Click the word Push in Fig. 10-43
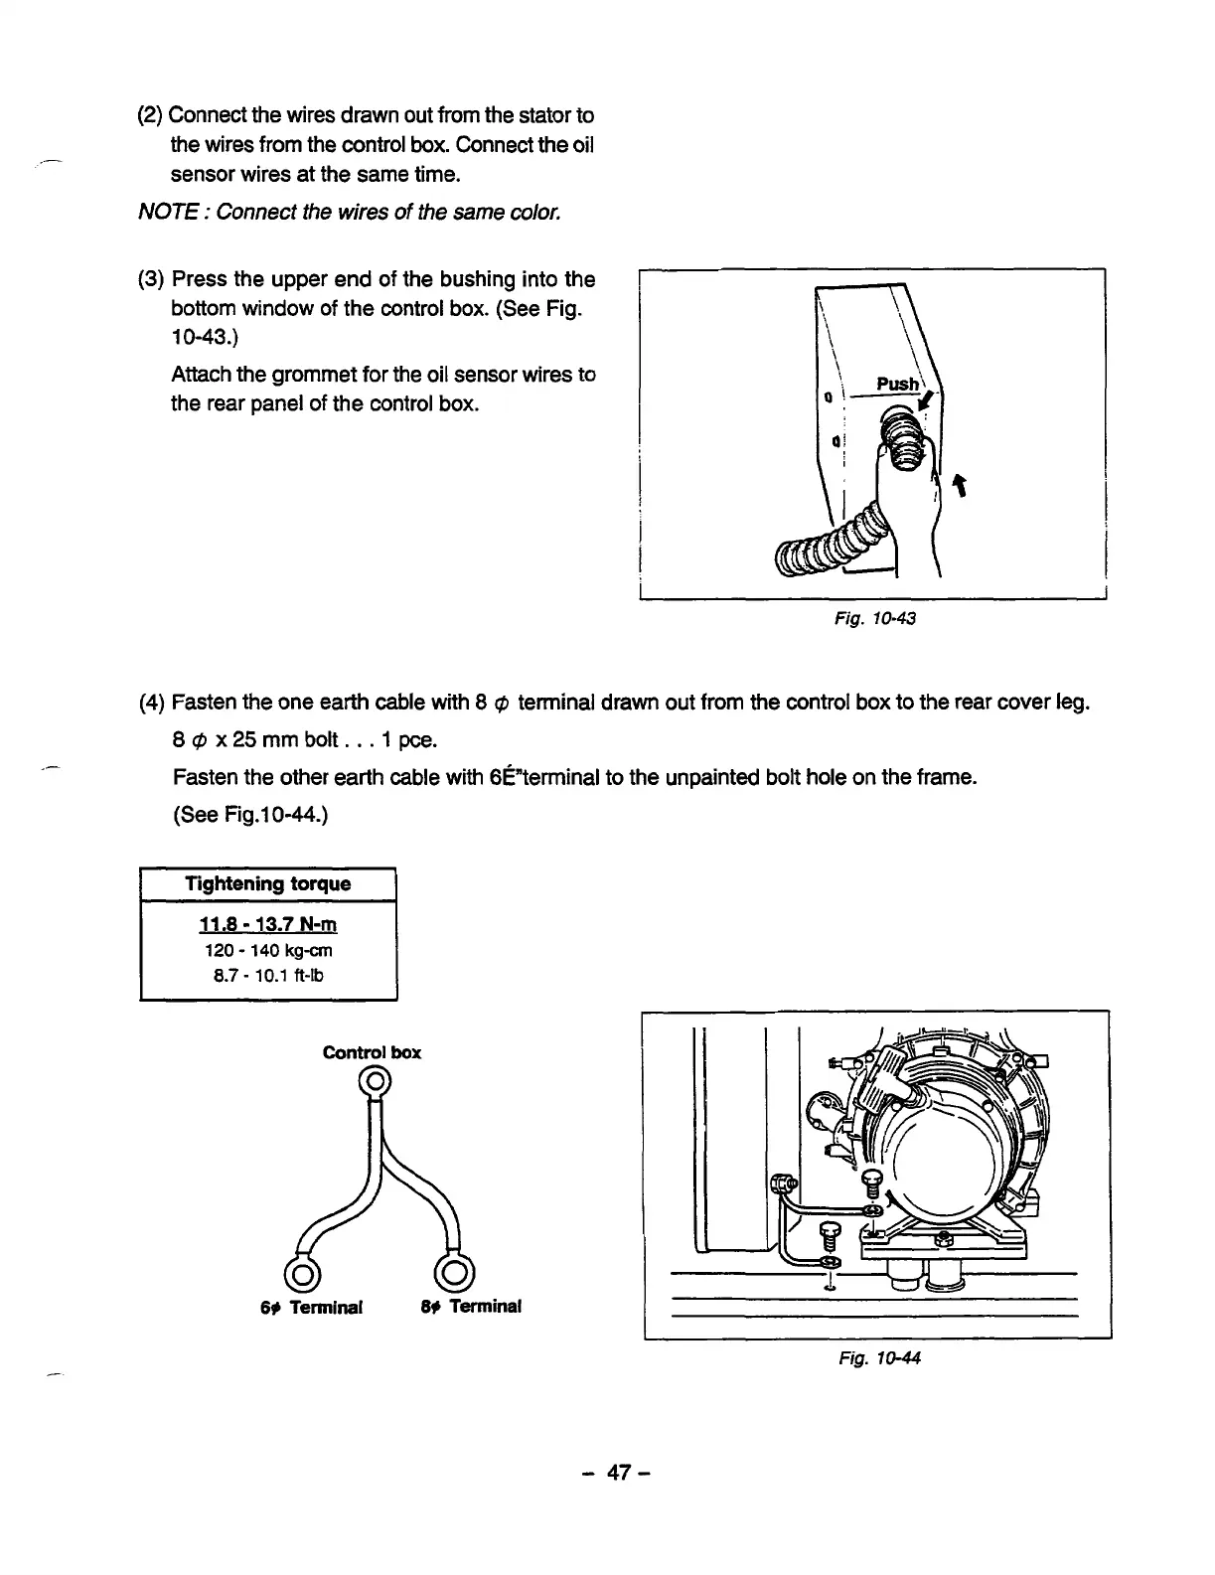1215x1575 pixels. tap(896, 384)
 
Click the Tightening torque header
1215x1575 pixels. tap(268, 883)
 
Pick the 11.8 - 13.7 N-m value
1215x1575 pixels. tap(268, 925)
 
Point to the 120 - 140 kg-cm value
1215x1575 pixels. tap(268, 950)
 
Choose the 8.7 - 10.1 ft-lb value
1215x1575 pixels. tap(268, 975)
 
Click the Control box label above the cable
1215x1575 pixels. tap(372, 1052)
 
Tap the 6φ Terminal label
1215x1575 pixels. tap(311, 1307)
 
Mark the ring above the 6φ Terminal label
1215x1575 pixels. tap(301, 1272)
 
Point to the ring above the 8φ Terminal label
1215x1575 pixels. tap(454, 1272)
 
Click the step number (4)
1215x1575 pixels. tap(152, 704)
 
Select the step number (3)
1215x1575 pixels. tap(152, 279)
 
